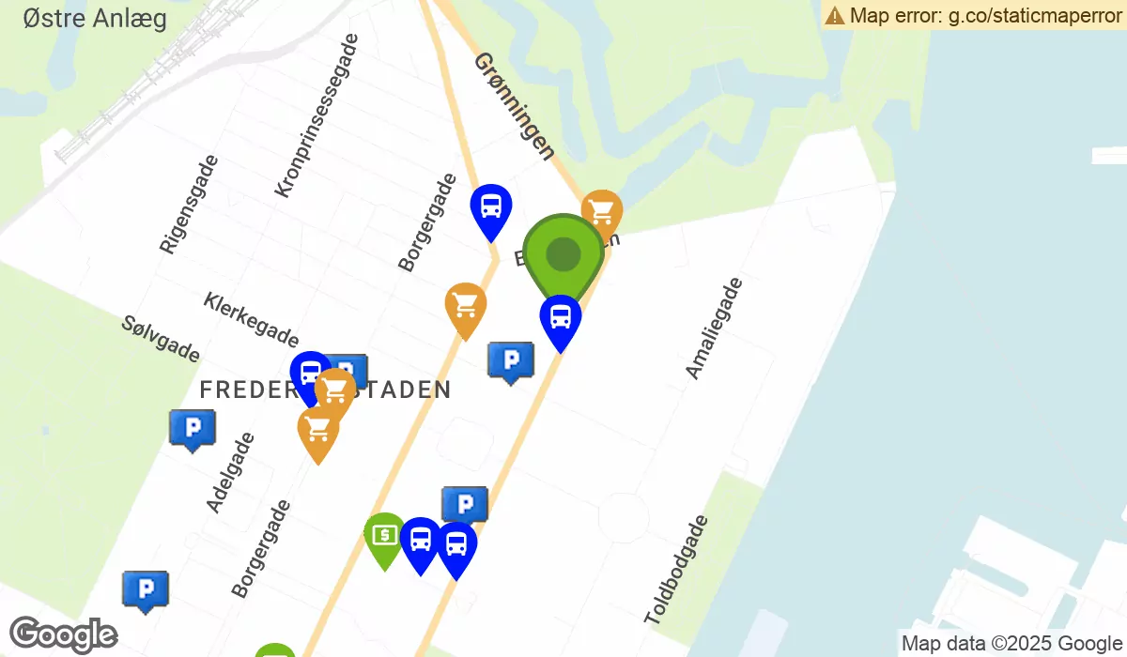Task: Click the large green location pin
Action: [563, 254]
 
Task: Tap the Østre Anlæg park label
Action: [95, 18]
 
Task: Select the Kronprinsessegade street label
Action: [316, 116]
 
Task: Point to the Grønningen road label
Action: [514, 105]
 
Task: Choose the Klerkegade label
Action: [251, 319]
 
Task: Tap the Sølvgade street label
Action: [161, 338]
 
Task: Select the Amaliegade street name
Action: [714, 328]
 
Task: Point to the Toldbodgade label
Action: [676, 570]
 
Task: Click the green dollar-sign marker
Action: [384, 537]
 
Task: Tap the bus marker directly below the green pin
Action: [561, 319]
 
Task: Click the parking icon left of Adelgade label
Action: [193, 428]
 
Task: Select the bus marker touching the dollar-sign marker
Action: [420, 542]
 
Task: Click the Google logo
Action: [64, 635]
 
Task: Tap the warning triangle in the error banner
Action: [834, 15]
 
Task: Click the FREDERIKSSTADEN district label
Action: [325, 390]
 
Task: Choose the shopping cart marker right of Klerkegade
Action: [465, 307]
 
